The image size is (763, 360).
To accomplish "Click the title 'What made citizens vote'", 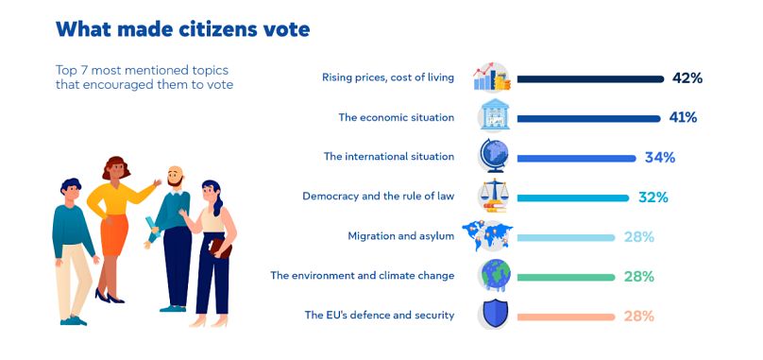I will (182, 29).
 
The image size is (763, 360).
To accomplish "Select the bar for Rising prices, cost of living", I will (589, 78).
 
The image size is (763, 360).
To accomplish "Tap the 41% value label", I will (684, 117).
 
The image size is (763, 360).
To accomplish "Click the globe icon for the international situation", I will (495, 157).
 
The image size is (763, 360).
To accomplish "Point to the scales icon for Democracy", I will (495, 197).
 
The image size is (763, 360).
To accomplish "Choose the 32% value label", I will (653, 197).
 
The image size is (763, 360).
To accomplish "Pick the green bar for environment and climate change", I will (565, 276).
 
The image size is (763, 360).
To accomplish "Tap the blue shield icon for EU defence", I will (495, 315).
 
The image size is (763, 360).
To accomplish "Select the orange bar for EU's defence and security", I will (565, 316).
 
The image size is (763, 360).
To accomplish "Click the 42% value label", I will (687, 77).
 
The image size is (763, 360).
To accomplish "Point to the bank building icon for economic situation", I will (495, 118).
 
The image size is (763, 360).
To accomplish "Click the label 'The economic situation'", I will (397, 117).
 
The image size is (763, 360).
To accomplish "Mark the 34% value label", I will (659, 157).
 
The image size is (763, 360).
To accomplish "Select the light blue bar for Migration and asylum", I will (565, 236).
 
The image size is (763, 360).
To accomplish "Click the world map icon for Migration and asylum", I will (495, 236).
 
